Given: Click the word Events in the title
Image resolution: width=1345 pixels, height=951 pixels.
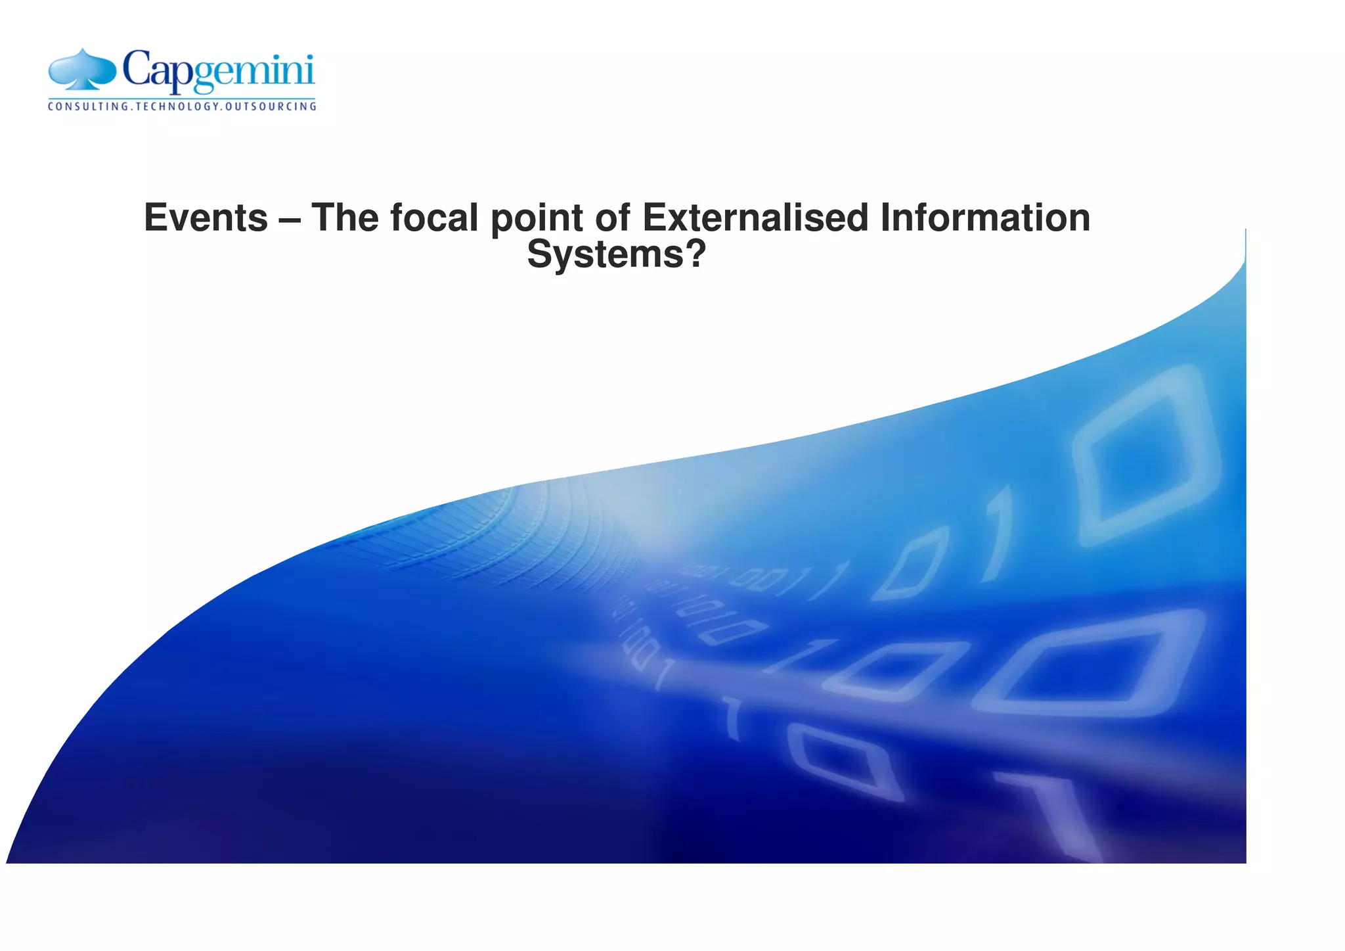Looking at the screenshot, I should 206,218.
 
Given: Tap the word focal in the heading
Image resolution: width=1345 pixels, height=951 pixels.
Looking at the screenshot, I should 434,218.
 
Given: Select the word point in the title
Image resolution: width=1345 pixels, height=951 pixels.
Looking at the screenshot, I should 537,220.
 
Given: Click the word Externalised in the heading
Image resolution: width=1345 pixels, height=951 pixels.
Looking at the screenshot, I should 755,218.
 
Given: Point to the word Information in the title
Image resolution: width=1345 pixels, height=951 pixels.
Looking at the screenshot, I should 985,218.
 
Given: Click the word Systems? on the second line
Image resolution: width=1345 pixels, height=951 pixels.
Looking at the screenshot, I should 616,254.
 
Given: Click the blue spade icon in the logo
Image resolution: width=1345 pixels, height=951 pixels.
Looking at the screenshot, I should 82,70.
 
